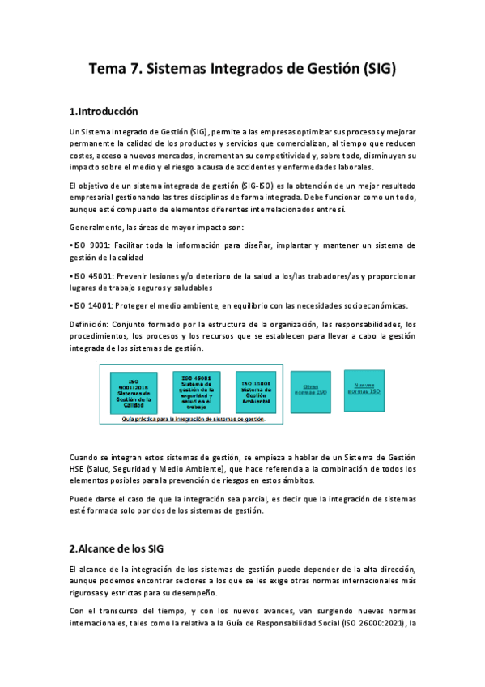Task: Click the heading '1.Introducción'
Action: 104,111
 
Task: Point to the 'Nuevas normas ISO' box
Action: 364,387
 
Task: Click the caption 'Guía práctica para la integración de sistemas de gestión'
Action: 194,420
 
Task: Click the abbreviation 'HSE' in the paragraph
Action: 79,468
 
